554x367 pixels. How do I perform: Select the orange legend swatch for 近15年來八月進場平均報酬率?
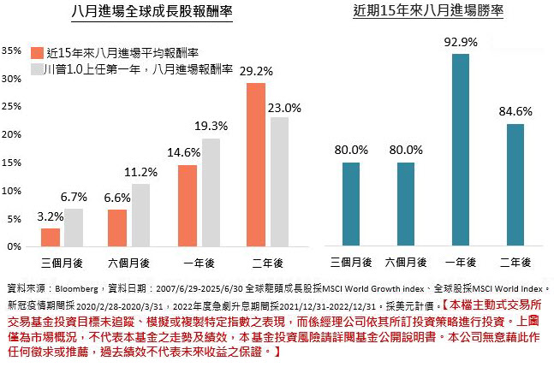pos(36,50)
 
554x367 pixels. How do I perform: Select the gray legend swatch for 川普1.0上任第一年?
pos(36,68)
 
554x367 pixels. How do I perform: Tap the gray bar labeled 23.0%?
pos(279,181)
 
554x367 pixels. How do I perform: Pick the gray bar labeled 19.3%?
pos(211,192)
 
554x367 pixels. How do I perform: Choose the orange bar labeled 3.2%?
pos(51,237)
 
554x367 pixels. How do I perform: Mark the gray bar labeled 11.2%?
pos(142,215)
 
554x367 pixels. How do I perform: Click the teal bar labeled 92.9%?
pos(460,150)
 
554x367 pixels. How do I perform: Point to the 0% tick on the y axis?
pos(14,246)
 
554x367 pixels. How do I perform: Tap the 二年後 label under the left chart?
pos(268,260)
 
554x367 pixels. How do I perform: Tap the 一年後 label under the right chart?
pos(460,260)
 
